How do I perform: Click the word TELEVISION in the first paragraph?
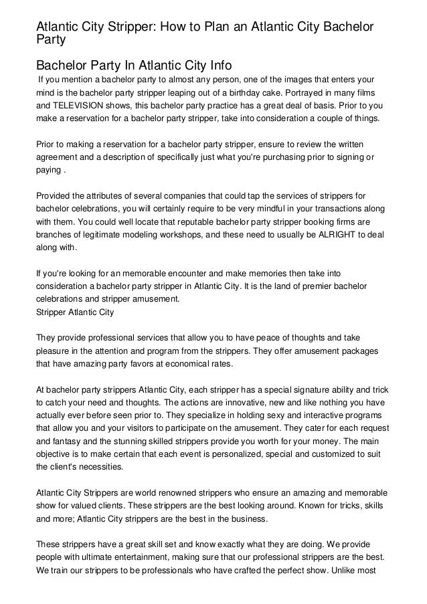point(81,106)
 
